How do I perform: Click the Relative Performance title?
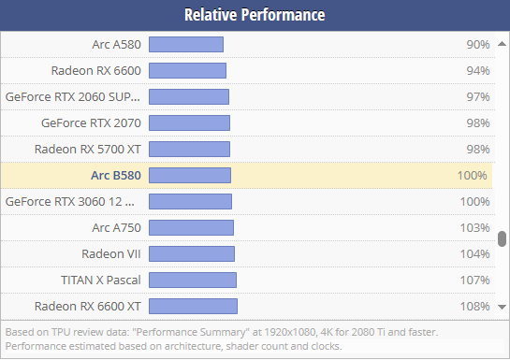coord(255,15)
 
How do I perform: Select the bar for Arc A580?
coord(186,44)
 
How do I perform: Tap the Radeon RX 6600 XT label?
coord(87,306)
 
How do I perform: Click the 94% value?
coord(477,70)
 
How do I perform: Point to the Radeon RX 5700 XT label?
coord(87,149)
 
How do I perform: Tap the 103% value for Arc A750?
coord(475,227)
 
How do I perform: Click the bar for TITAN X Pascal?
coord(193,280)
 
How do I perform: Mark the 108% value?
coord(475,306)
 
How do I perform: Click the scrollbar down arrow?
coord(503,307)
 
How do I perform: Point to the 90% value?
coord(477,44)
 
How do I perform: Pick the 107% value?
coord(475,280)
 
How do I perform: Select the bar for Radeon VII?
coord(192,253)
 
